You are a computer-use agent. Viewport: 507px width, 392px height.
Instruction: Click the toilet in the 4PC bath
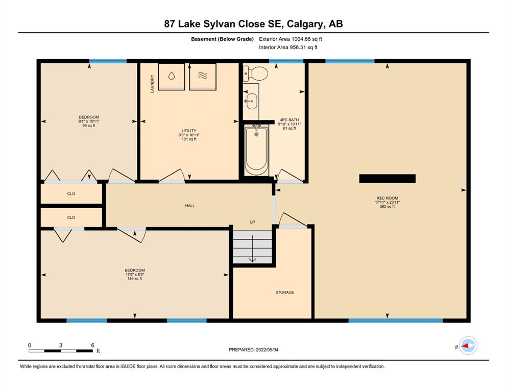255,73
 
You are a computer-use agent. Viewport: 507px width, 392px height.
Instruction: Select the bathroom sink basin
251,101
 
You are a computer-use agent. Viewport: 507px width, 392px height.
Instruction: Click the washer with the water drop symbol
172,77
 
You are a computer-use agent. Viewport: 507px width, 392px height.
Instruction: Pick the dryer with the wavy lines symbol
203,77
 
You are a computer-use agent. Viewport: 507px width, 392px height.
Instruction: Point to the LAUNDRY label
152,84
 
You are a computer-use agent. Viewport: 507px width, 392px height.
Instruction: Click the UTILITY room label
189,131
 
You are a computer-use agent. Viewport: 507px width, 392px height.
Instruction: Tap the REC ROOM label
387,198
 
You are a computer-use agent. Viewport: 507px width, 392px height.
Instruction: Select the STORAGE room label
284,292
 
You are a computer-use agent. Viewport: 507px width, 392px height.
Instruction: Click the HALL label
190,206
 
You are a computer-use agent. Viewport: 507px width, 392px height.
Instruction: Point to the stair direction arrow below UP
252,249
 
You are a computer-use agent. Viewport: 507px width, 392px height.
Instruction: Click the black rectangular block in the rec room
388,178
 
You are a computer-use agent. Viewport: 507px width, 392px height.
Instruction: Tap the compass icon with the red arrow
468,346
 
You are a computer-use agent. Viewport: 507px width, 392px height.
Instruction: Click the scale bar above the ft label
60,351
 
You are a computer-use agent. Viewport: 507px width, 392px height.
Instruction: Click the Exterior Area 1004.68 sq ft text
291,39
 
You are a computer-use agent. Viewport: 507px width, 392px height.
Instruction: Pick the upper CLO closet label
71,193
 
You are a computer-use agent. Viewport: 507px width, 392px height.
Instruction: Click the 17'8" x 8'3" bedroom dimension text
134,275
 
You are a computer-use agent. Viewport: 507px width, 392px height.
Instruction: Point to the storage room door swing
293,220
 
